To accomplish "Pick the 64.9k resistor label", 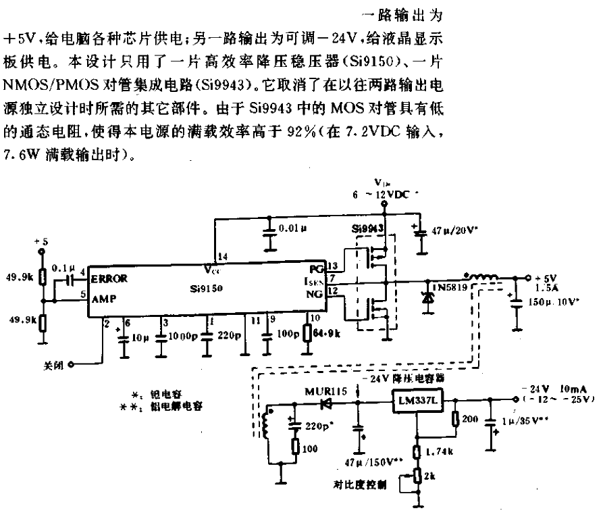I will tap(330, 333).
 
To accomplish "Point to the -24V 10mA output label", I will tap(554, 391).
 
